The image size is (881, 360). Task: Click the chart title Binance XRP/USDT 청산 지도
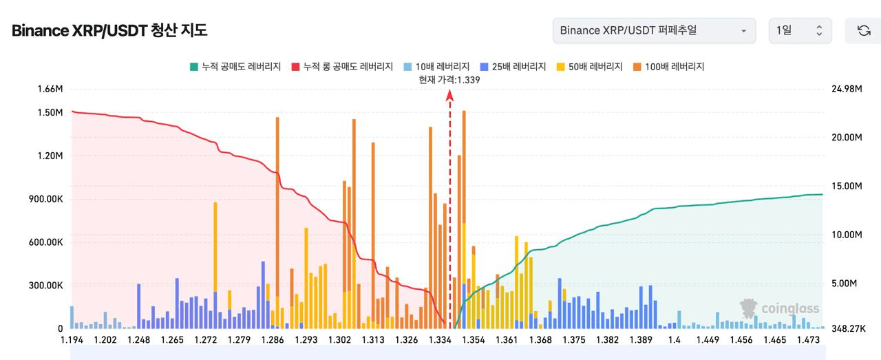[109, 31]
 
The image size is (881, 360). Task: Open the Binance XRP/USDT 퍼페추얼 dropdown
[654, 31]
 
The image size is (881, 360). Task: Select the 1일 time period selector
[800, 31]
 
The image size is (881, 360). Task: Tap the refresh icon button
[863, 31]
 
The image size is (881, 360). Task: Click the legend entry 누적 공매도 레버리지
[236, 67]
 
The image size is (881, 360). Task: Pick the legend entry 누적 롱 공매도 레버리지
[343, 67]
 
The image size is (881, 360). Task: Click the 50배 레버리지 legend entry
[590, 67]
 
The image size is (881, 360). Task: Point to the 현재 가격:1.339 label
[449, 80]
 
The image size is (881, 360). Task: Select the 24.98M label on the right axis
[847, 89]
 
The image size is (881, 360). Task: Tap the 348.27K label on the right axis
[848, 329]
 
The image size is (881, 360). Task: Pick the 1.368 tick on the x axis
[541, 340]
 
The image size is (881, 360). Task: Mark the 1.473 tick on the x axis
[808, 340]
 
